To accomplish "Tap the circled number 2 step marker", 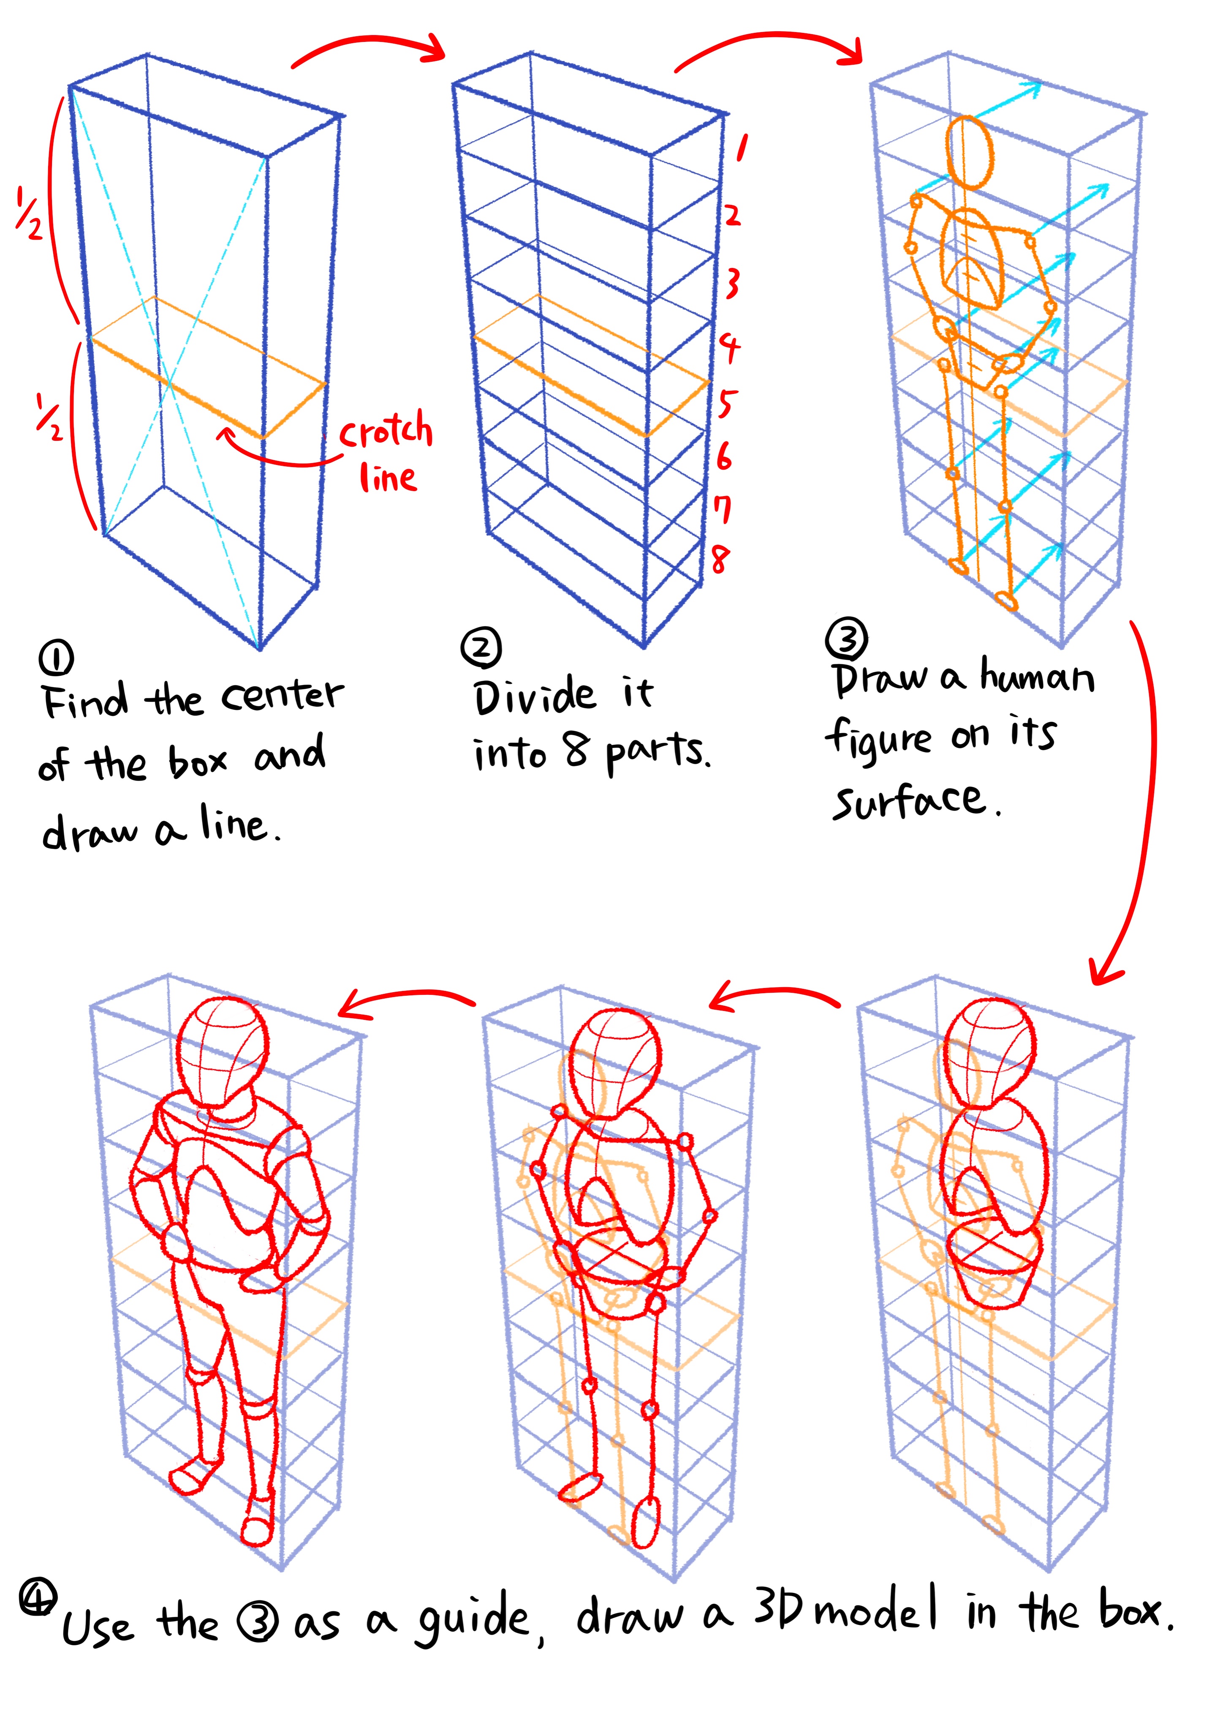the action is pyautogui.click(x=480, y=647).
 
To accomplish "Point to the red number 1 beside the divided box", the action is pyautogui.click(x=742, y=148).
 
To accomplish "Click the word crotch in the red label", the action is pyautogui.click(x=386, y=431).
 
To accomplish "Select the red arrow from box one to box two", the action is pyautogui.click(x=369, y=47).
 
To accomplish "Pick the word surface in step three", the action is pyautogui.click(x=909, y=801).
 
